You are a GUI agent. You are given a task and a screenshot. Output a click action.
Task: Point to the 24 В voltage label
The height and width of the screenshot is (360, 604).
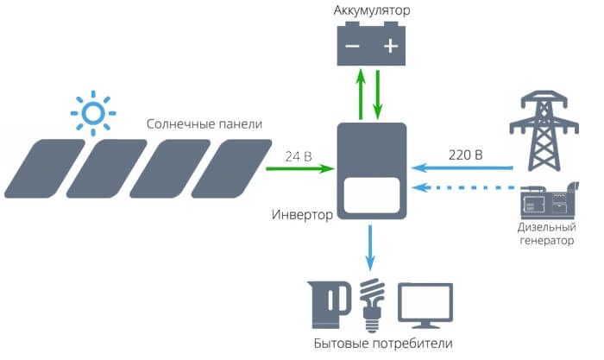[299, 157]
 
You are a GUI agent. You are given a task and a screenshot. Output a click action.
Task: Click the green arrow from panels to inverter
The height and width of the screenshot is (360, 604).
[298, 170]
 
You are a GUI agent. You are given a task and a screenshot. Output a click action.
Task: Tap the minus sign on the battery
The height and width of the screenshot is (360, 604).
[352, 46]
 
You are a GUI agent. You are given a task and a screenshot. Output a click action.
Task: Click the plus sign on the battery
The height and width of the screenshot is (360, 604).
[390, 46]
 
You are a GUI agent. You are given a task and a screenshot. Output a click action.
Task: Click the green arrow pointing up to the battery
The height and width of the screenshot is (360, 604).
[361, 95]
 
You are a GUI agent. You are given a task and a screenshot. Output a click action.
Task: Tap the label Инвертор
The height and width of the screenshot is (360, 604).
[302, 214]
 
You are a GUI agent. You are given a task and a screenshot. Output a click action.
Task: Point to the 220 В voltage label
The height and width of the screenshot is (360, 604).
[466, 157]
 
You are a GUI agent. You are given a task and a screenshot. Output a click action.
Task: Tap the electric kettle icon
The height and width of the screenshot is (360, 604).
[330, 304]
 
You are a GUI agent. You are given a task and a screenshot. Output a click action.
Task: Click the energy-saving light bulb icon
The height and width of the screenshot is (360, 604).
[373, 305]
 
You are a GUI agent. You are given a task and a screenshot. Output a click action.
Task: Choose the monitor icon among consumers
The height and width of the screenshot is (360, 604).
[425, 306]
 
